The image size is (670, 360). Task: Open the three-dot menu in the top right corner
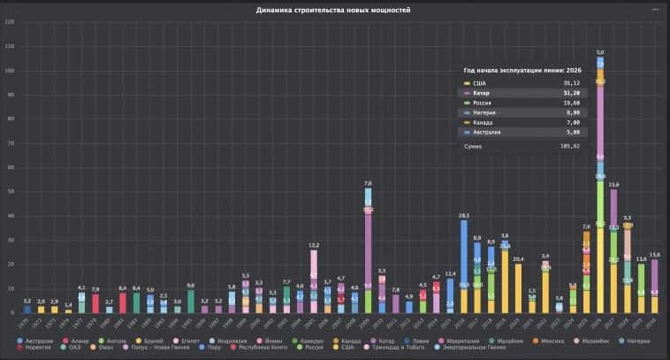[655, 10]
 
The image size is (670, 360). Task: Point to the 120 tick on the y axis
[10, 21]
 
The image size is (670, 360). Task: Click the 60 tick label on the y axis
[10, 167]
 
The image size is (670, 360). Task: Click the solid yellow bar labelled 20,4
[519, 287]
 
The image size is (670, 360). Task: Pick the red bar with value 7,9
[95, 303]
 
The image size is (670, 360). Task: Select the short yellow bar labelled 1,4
[68, 310]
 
